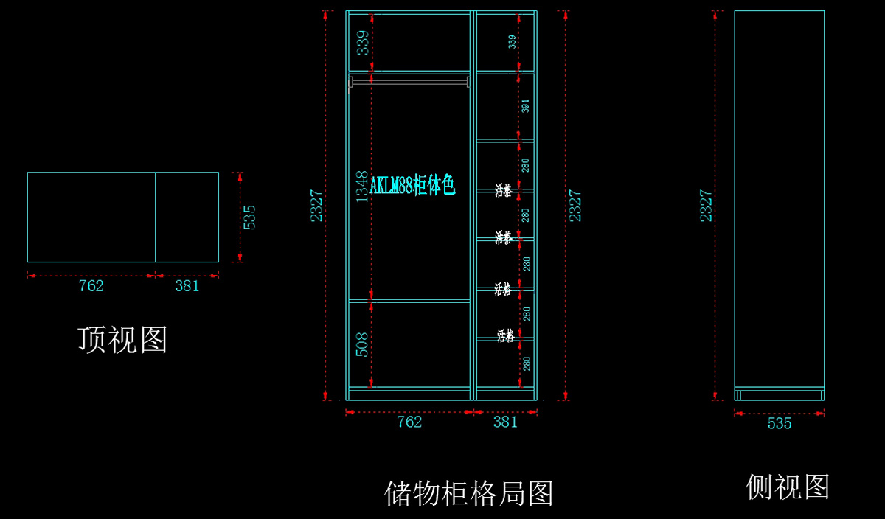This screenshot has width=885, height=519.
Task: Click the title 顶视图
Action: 122,340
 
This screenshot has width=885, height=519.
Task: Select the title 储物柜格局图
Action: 469,492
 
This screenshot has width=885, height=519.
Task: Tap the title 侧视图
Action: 788,487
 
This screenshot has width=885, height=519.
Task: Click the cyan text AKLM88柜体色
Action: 412,186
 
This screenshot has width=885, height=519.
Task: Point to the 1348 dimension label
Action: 362,187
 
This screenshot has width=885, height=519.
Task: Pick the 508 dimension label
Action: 362,344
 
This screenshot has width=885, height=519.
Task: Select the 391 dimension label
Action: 525,105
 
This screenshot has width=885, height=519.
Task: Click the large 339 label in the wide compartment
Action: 362,43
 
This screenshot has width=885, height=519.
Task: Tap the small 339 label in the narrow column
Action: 513,42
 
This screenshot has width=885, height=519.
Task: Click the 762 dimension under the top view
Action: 91,286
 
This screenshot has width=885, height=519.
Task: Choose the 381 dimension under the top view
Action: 187,286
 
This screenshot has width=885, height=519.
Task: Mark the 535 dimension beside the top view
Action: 249,217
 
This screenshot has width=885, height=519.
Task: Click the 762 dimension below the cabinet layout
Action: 409,422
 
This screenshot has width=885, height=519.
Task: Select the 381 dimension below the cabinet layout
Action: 505,422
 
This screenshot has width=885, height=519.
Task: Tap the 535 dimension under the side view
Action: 779,424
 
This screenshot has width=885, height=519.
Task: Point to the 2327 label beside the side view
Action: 706,205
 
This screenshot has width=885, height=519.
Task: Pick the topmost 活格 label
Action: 504,190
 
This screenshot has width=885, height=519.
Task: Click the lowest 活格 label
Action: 505,336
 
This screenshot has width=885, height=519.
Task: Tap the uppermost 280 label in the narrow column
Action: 525,165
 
